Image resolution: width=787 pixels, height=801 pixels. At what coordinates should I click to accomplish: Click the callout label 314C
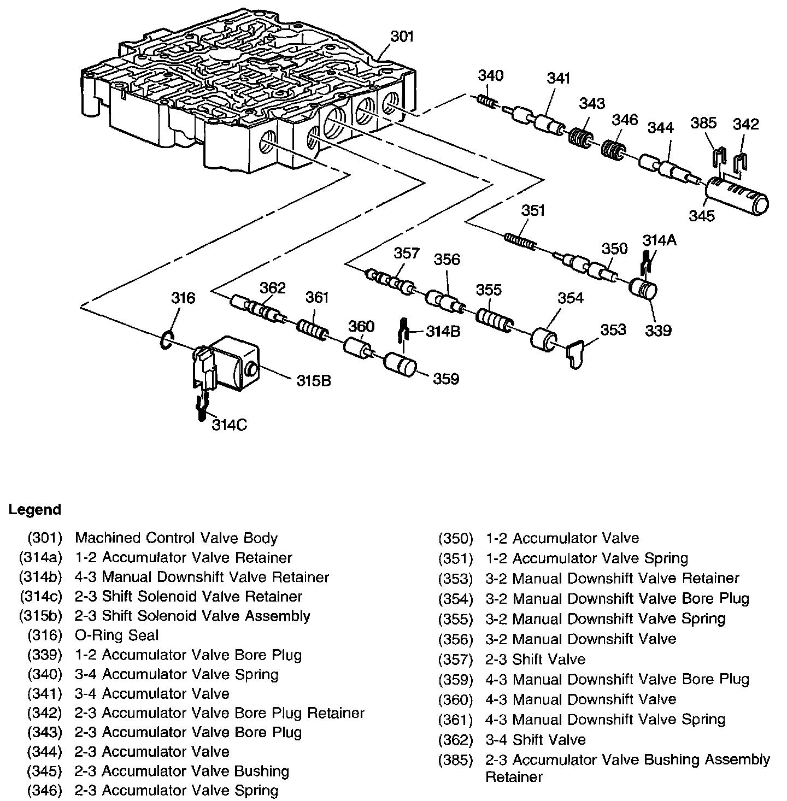pos(230,424)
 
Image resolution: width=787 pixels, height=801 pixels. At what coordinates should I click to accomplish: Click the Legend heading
pos(35,510)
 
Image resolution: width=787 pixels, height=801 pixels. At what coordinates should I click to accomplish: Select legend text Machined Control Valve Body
pos(176,538)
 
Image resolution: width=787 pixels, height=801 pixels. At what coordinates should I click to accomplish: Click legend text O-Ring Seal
pos(117,635)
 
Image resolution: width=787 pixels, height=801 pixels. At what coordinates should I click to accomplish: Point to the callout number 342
pos(746,124)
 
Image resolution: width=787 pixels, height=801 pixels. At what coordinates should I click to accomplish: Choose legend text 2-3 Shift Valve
pos(535,659)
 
